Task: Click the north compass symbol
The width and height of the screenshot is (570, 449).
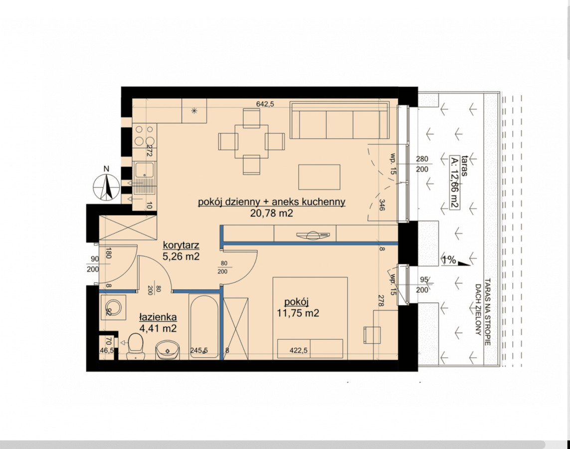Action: (x=107, y=187)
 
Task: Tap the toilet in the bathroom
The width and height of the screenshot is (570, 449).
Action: (x=136, y=347)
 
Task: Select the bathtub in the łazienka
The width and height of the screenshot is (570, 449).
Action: (x=204, y=326)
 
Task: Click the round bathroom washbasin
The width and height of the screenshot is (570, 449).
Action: (x=168, y=350)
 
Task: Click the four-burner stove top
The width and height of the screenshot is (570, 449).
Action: (x=144, y=135)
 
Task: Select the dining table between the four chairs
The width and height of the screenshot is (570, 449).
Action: (x=251, y=141)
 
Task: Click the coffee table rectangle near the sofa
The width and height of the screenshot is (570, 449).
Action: (x=319, y=177)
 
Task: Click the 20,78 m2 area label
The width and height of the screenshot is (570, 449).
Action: (x=272, y=214)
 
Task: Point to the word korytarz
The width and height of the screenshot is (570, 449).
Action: (x=181, y=245)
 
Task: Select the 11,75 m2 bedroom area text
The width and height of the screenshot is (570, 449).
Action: (x=298, y=313)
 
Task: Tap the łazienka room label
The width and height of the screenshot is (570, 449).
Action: (x=158, y=317)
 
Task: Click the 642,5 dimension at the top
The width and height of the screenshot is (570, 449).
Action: (x=265, y=104)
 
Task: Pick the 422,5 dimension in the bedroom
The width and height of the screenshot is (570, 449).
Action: (x=298, y=351)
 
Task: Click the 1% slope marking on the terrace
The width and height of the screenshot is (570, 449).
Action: (x=449, y=260)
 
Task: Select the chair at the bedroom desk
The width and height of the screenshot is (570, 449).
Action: (x=372, y=335)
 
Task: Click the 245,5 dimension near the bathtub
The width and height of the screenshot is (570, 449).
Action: (x=199, y=351)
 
